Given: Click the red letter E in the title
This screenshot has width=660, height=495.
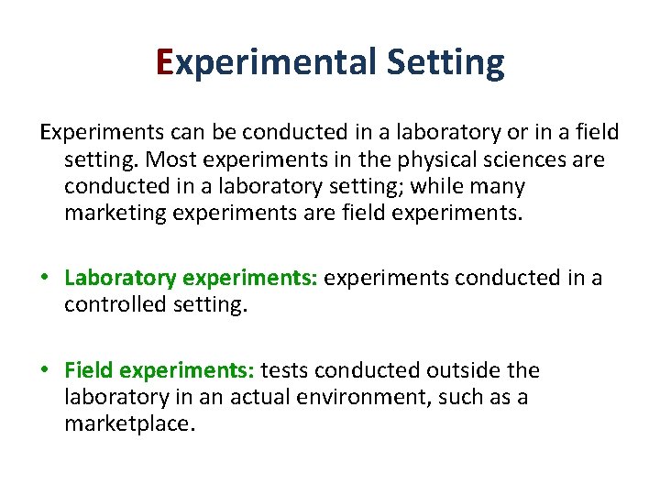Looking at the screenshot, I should coord(165,62).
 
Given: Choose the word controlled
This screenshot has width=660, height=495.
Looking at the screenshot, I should coord(115,305).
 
